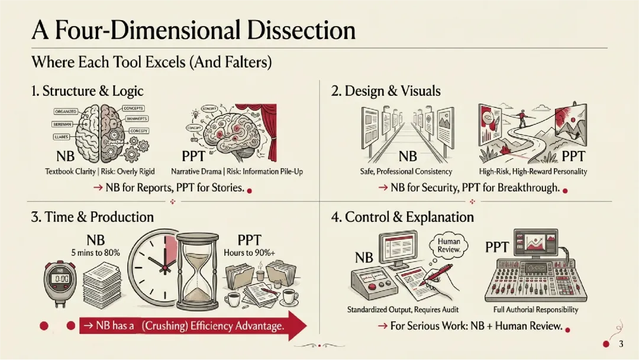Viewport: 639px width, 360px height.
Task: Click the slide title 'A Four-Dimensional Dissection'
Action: coord(193,30)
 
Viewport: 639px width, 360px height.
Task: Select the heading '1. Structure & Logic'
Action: coord(87,91)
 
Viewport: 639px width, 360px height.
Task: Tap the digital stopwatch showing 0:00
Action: coord(62,279)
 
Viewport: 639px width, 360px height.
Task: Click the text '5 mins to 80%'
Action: coord(95,253)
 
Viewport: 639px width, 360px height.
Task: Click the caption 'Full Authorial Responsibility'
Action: coord(535,310)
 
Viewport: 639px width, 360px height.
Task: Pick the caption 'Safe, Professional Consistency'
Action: coord(406,172)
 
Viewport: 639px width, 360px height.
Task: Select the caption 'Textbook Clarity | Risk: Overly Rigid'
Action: coord(100,172)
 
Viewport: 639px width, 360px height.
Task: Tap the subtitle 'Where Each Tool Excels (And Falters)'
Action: coord(151,62)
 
